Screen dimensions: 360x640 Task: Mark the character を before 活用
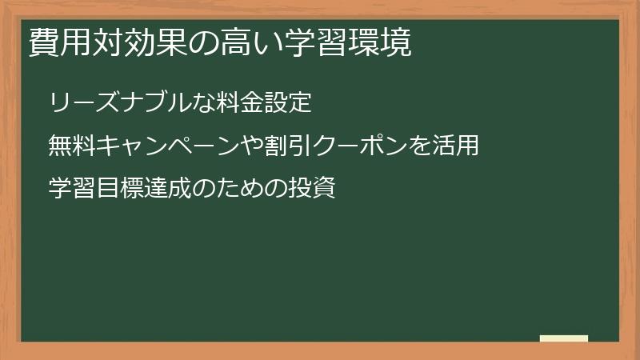pyautogui.click(x=415, y=146)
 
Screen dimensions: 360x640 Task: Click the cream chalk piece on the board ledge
pyautogui.click(x=563, y=338)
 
